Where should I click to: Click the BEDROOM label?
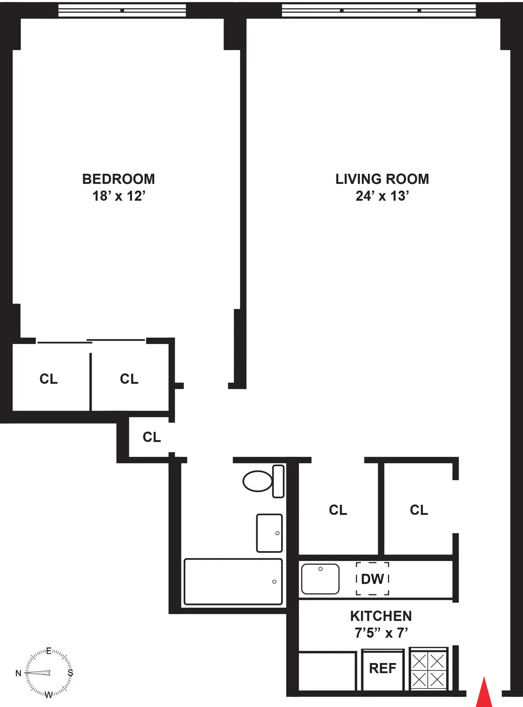point(119,179)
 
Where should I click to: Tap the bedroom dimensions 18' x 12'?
point(119,196)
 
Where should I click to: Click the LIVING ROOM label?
point(382,179)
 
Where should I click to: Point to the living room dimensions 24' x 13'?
point(382,196)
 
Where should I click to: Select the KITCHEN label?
point(380,616)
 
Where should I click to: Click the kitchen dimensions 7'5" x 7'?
point(380,633)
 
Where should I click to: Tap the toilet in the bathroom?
point(263,481)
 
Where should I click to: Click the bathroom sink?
point(269,533)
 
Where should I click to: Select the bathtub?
point(233,582)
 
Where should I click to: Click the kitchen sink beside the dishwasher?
point(320,578)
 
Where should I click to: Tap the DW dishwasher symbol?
point(372,579)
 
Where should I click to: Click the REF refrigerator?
point(383,669)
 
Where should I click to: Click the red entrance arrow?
point(484,693)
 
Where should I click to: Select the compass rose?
point(48,673)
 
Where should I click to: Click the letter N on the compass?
point(18,673)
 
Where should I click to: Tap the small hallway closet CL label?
point(152,437)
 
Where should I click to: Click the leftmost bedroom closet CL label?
point(48,379)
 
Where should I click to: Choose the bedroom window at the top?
point(122,10)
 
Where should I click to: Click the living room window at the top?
point(379,10)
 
